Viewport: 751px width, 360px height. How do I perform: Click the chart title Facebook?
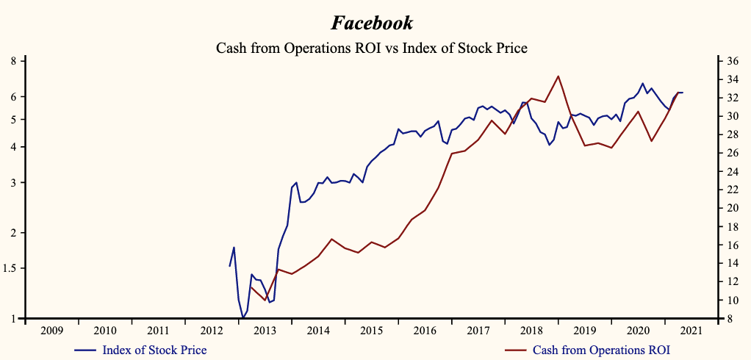pos(372,23)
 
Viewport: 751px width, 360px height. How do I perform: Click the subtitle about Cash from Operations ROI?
pos(372,48)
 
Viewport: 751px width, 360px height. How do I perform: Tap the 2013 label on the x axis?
pos(265,331)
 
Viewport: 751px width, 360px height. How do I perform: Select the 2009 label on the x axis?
pos(51,331)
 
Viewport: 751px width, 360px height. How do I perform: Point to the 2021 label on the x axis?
pos(691,331)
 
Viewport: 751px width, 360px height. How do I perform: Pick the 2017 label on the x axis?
pos(478,331)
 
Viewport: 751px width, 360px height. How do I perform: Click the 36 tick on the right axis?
pos(732,61)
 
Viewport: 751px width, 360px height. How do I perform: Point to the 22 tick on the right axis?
pos(732,190)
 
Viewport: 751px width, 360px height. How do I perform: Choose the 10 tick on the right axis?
pos(732,300)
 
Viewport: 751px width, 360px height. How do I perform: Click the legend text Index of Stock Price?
pos(154,350)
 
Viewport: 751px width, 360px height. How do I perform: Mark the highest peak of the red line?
pos(558,76)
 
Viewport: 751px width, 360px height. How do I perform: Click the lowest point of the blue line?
pos(242,318)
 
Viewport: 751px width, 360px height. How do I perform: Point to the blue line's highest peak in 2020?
pos(642,83)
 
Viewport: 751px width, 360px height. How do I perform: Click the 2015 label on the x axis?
pos(371,331)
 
